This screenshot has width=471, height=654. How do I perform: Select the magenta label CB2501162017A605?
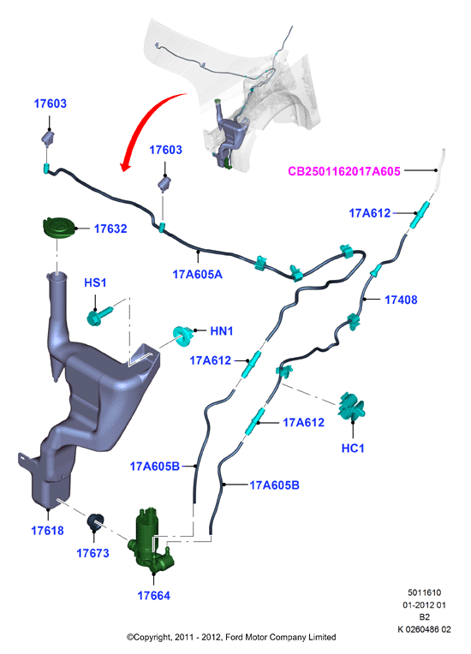click(344, 171)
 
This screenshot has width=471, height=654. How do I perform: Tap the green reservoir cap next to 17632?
click(58, 229)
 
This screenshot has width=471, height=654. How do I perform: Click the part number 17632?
click(110, 229)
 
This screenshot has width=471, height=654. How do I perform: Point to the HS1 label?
click(95, 282)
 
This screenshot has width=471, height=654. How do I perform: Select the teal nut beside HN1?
click(183, 336)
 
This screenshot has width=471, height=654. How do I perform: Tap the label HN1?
click(222, 331)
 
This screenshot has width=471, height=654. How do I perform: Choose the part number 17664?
click(154, 596)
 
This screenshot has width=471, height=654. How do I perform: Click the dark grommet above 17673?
click(96, 522)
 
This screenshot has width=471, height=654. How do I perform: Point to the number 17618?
click(48, 531)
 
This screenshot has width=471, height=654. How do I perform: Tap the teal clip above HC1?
click(353, 407)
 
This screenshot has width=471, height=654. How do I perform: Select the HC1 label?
click(353, 449)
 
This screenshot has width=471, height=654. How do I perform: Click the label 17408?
click(401, 300)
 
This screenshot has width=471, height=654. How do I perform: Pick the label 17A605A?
click(197, 275)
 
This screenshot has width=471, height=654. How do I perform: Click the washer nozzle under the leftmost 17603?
click(48, 138)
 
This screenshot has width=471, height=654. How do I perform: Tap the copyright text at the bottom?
click(231, 637)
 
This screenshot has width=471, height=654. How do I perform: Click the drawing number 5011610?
click(424, 592)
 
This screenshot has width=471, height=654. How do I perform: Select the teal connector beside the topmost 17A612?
click(420, 214)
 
